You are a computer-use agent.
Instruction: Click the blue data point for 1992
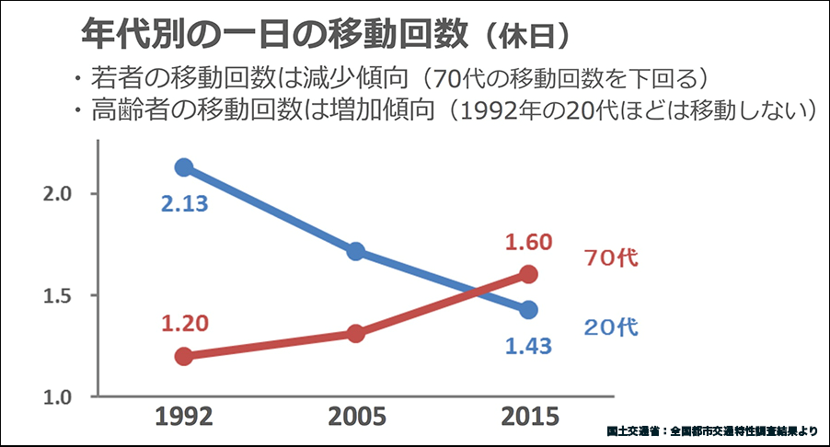tap(184, 166)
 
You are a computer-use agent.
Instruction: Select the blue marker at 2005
tap(356, 251)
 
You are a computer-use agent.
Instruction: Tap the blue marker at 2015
tap(528, 310)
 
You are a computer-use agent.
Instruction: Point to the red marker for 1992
tap(184, 356)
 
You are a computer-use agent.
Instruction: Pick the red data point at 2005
tap(356, 333)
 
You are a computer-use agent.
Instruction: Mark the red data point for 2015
tap(528, 274)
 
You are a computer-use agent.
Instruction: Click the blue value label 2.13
tap(185, 203)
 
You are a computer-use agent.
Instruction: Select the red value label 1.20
tap(184, 323)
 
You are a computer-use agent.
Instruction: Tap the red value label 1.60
tap(527, 243)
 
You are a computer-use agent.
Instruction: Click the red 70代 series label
tap(611, 258)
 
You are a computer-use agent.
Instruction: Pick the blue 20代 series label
tap(611, 327)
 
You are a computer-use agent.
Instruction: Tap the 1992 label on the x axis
tap(184, 418)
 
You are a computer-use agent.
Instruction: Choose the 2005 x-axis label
tap(356, 418)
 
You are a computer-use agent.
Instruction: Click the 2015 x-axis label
tap(528, 418)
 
